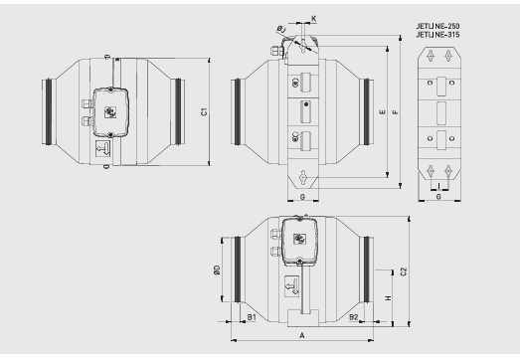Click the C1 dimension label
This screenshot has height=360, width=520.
coord(203,113)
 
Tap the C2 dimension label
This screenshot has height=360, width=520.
coord(403,270)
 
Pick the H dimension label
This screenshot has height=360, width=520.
coord(387,298)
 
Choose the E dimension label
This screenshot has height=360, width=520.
coord(384,112)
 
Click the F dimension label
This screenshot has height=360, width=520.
coord(397,112)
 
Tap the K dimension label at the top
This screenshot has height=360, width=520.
coord(314,19)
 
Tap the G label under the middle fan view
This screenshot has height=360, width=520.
coord(301,197)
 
